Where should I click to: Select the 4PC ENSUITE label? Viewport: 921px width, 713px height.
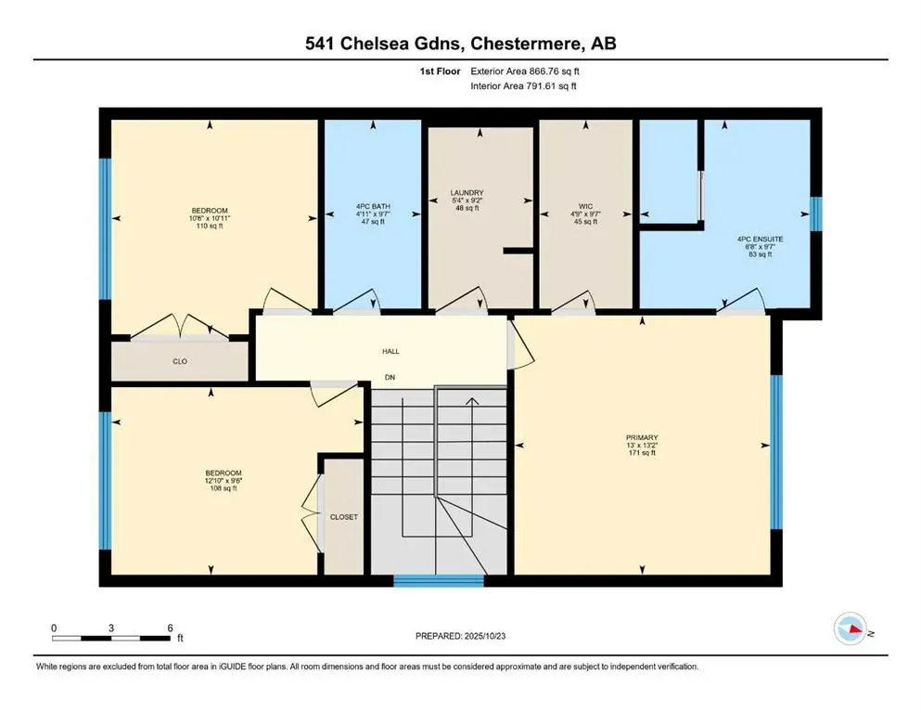pos(760,239)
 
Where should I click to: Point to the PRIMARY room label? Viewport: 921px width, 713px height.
pos(641,436)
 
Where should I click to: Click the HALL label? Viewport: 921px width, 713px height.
pos(391,352)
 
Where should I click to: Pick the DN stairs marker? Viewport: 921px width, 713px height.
pos(391,378)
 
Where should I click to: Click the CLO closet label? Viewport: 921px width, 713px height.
pos(180,361)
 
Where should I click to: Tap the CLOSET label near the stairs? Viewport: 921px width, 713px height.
pos(343,516)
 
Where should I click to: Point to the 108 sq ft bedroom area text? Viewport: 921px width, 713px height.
pos(223,488)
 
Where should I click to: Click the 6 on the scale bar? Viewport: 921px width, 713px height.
pos(169,629)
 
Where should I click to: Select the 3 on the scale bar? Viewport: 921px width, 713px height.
pos(111,629)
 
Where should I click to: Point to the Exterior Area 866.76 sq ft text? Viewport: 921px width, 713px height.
pos(529,70)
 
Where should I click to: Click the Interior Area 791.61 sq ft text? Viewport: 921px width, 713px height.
pos(529,85)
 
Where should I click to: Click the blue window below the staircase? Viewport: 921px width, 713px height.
pos(439,581)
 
